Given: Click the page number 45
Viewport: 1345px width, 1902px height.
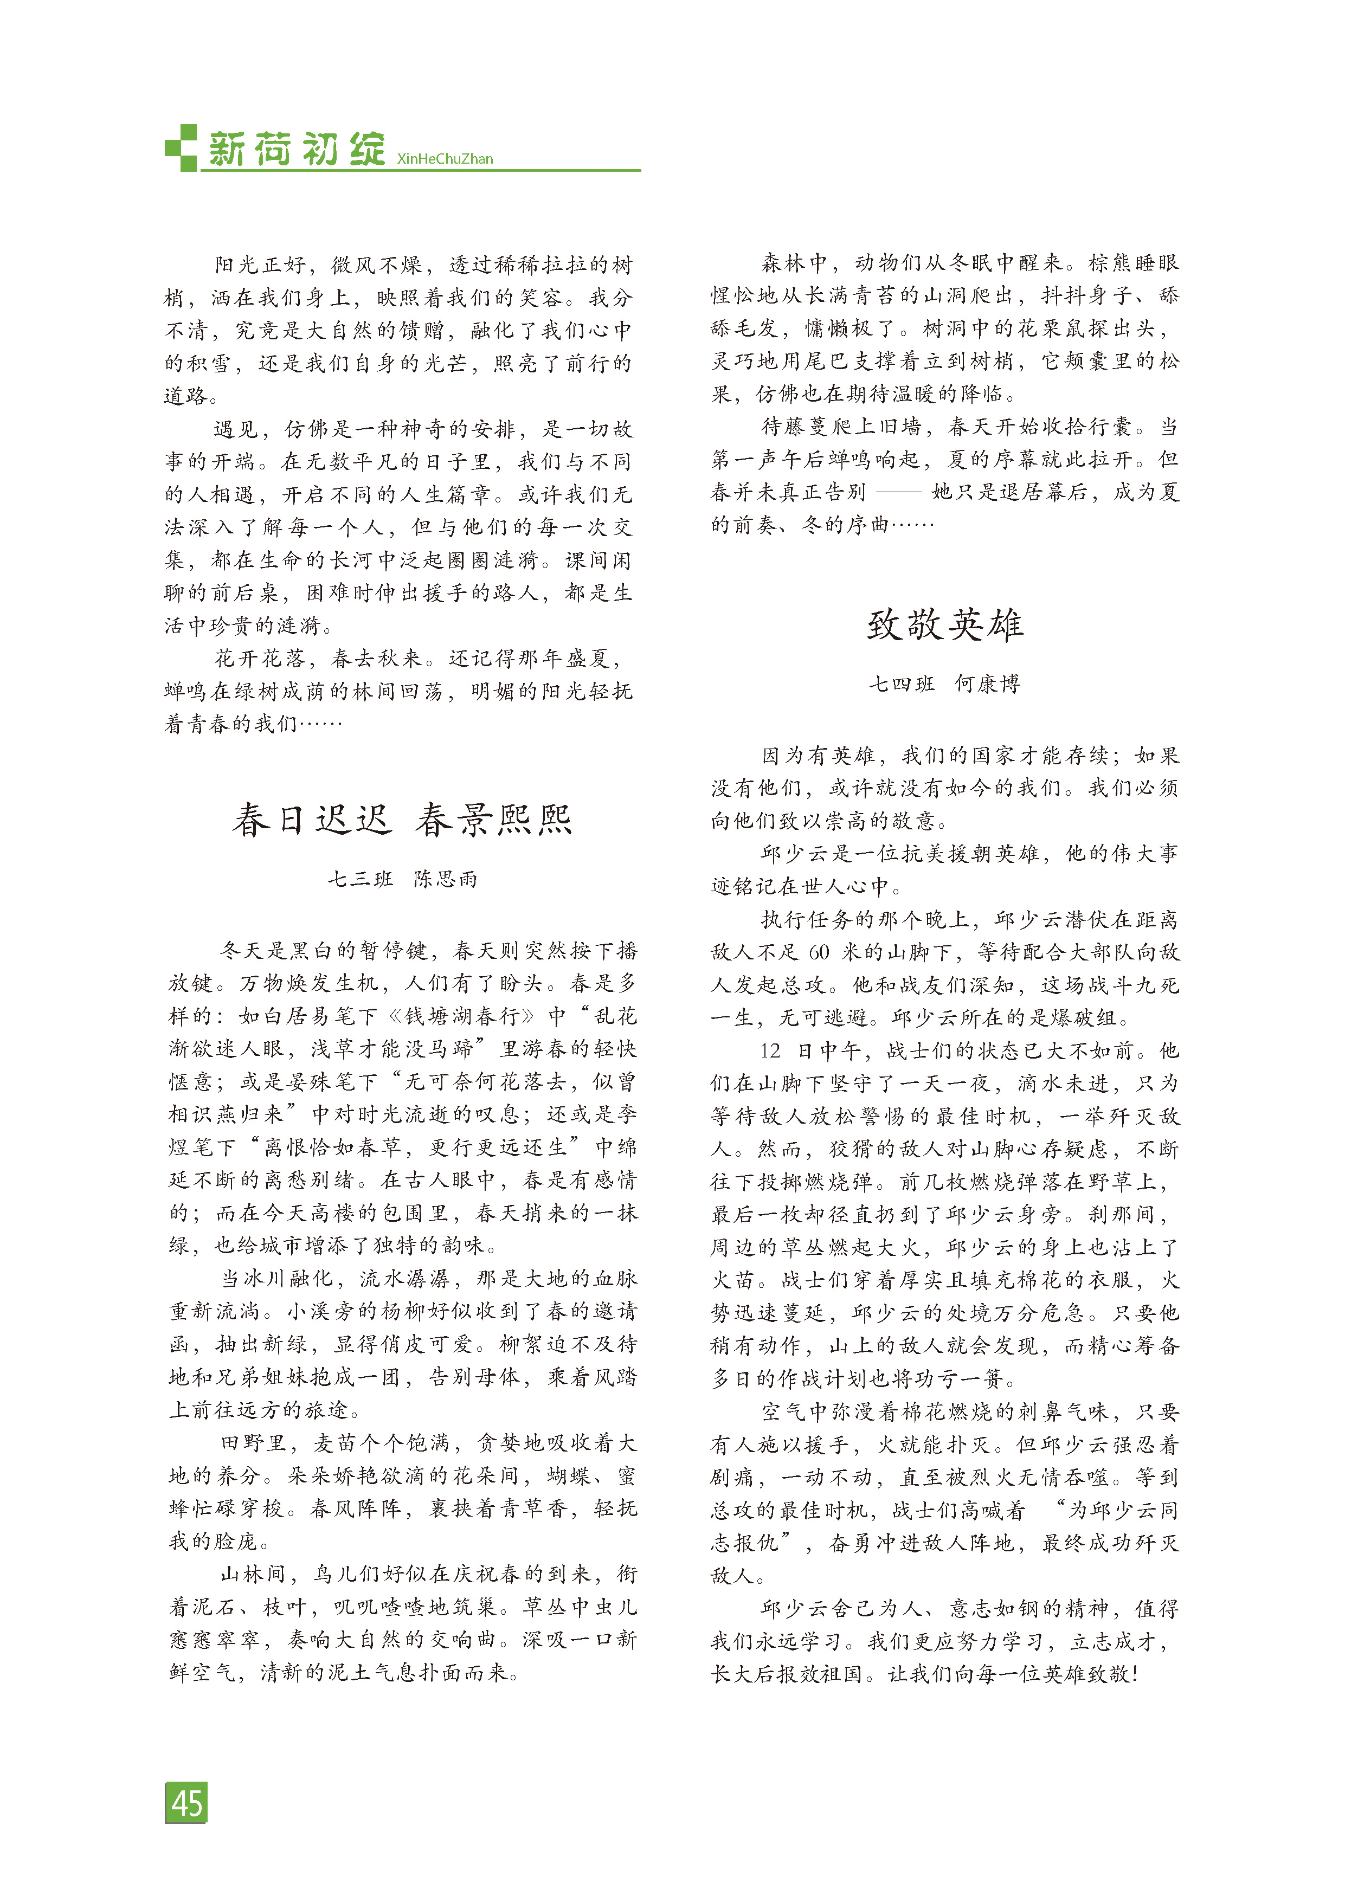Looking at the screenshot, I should pos(186,1802).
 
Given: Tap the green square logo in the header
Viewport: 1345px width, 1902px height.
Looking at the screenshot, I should pos(181,149).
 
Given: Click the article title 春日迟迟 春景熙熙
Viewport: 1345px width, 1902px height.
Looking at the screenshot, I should pos(402,820).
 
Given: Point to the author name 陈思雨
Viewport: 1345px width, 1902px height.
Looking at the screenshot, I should pos(446,879).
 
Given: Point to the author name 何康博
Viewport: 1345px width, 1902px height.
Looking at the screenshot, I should pos(987,684).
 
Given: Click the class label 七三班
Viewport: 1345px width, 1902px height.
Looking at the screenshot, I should pos(359,879).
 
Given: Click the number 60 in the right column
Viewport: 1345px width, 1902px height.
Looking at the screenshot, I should pos(818,952).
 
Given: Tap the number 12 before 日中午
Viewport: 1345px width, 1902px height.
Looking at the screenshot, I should pos(770,1050).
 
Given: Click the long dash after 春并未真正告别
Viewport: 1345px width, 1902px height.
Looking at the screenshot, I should pos(898,492).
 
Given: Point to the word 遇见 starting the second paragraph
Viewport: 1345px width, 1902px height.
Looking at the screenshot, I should pos(237,429).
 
